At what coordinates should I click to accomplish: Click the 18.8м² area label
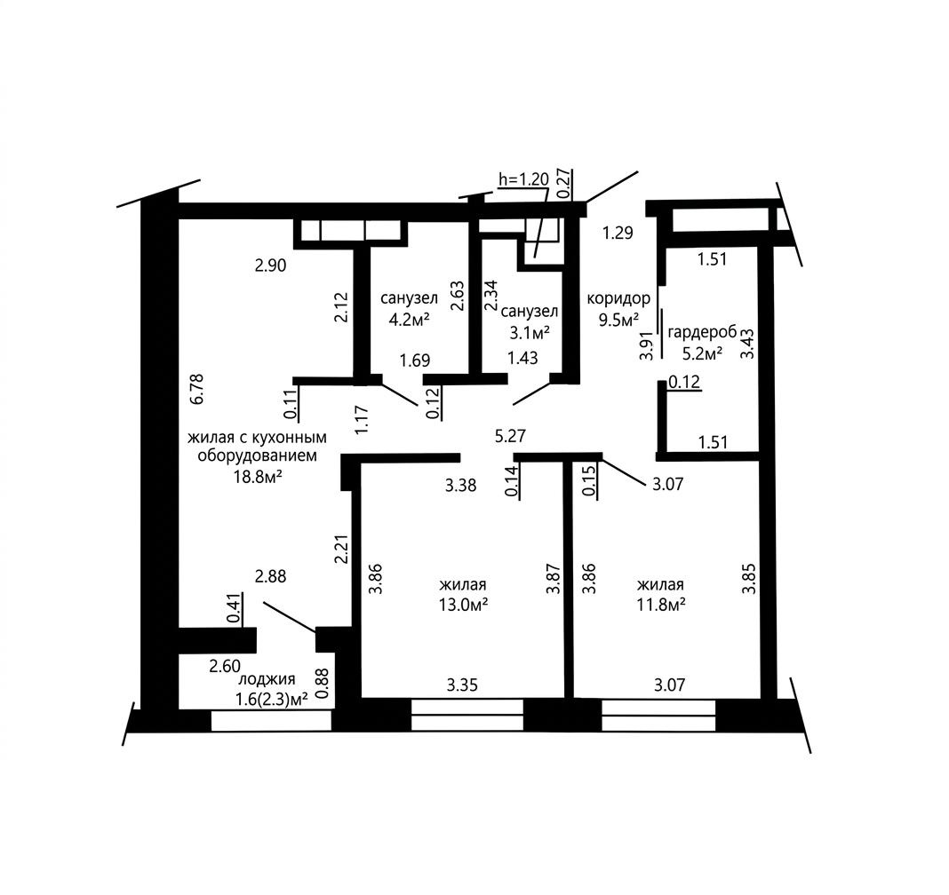pos(259,477)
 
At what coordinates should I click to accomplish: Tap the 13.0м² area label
pos(464,604)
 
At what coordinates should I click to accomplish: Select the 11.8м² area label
pos(661,604)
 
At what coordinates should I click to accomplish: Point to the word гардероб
pos(702,333)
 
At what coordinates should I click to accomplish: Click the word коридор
pos(618,298)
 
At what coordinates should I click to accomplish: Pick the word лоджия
pos(267,680)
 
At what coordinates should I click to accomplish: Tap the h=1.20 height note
pos(523,179)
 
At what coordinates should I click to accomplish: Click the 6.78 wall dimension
pos(196,390)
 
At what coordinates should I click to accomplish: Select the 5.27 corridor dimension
pos(510,435)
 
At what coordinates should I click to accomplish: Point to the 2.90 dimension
pos(270,265)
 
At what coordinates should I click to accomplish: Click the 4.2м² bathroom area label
pos(409,320)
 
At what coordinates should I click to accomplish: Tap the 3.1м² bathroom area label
pos(530,332)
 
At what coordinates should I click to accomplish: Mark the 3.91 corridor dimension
pos(647,346)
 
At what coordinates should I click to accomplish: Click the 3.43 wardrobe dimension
pos(749,344)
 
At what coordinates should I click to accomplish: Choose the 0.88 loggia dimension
pos(323,684)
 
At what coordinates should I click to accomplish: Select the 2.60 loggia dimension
pos(225,667)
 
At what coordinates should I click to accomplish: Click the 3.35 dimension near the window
pos(462,685)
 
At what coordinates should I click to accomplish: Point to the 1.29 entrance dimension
pos(618,233)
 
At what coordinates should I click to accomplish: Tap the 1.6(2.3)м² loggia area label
pos(272,700)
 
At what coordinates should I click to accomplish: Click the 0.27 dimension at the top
pos(563,184)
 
